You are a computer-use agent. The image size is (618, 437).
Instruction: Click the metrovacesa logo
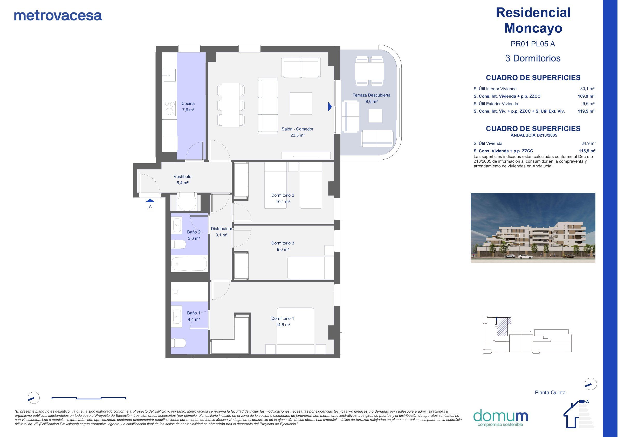click(58, 16)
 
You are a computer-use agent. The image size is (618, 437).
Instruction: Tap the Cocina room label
click(188, 103)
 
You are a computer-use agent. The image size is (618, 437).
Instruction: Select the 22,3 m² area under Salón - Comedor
click(297, 135)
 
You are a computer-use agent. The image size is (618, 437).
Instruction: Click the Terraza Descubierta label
click(371, 95)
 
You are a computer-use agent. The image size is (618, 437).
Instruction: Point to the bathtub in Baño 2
click(189, 264)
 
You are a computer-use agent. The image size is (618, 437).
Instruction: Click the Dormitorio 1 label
click(282, 318)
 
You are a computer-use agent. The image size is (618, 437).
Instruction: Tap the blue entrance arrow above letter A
click(150, 200)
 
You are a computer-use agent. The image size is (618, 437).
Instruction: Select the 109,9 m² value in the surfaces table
click(586, 96)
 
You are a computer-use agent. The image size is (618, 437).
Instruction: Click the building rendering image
click(533, 228)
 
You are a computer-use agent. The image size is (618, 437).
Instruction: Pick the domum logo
click(500, 418)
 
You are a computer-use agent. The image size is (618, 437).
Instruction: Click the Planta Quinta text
click(550, 393)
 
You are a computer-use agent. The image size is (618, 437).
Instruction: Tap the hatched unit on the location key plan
click(502, 327)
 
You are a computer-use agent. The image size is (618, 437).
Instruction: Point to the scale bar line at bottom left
click(88, 398)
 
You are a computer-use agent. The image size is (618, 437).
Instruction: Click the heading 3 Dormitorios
click(533, 58)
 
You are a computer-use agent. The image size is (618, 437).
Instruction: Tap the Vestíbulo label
click(182, 177)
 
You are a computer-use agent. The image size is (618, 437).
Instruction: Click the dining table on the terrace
click(369, 71)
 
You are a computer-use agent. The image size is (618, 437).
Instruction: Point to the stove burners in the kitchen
click(170, 108)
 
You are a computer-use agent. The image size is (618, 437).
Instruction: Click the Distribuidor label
click(221, 229)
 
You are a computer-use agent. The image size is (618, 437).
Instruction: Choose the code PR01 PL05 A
click(533, 44)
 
